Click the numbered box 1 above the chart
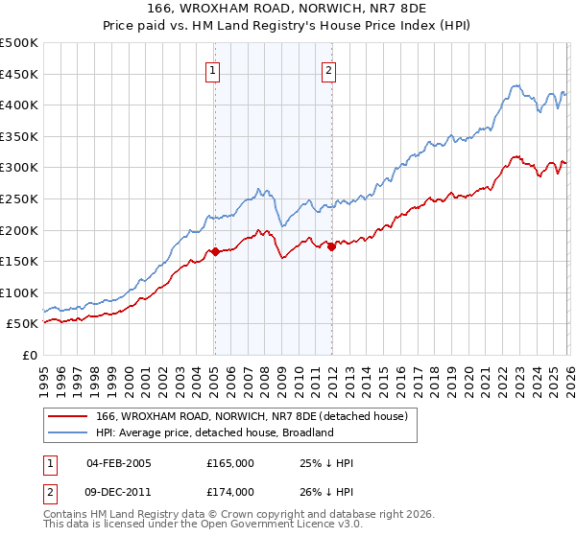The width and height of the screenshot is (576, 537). (211, 69)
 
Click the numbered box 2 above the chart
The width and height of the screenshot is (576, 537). (328, 69)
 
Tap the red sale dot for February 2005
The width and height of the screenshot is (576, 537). (215, 252)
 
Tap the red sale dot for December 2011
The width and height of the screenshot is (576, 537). (331, 246)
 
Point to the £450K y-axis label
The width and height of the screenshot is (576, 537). (19, 74)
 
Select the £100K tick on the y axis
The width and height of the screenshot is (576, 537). (19, 292)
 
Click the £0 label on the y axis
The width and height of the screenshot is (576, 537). (29, 355)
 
